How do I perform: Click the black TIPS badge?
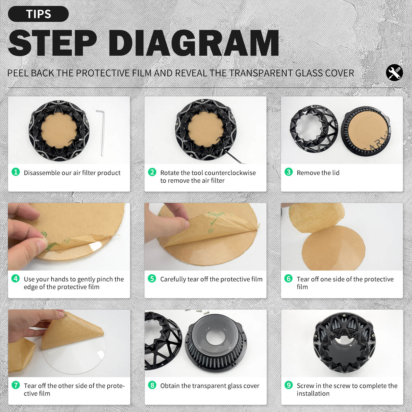click(38, 14)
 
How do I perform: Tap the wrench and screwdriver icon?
click(394, 73)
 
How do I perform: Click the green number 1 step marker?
click(16, 172)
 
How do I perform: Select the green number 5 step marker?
click(152, 278)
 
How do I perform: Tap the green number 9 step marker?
click(288, 385)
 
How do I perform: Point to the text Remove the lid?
click(318, 173)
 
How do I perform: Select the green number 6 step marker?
click(288, 278)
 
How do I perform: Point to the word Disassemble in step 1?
click(42, 173)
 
